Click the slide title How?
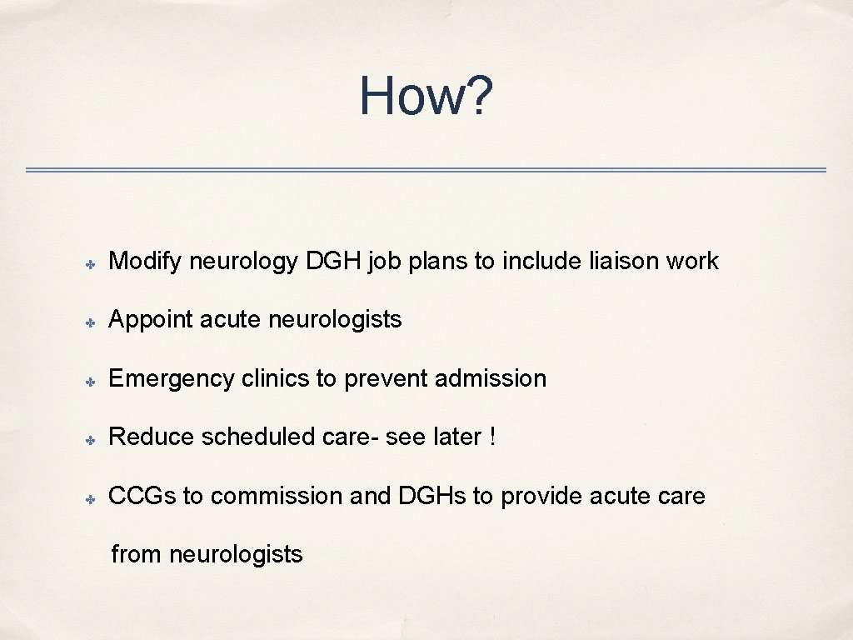426,96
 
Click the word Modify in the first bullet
145,262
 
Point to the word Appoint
151,319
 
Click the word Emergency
172,379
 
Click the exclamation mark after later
493,437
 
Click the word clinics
276,378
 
